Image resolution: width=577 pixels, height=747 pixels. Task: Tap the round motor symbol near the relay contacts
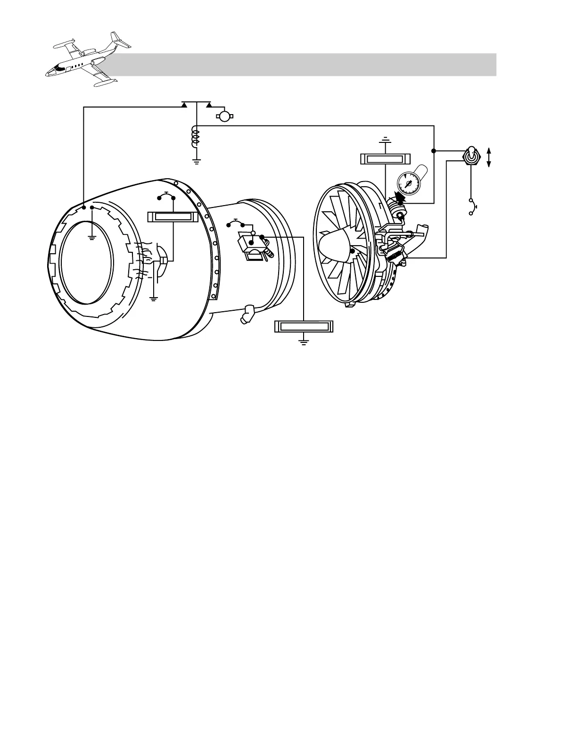point(225,116)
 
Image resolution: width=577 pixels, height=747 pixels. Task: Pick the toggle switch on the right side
point(470,156)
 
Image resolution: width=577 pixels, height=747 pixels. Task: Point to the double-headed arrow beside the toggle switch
point(489,157)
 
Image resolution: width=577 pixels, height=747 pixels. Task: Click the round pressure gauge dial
point(407,183)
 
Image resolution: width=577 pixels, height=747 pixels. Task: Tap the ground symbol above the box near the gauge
point(386,140)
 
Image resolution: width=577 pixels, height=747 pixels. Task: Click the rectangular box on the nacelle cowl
point(171,217)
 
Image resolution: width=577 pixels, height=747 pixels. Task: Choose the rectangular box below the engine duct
point(304,326)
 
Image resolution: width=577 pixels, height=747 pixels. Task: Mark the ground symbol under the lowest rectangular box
point(304,342)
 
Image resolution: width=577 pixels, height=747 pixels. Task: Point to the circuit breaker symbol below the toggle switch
point(472,207)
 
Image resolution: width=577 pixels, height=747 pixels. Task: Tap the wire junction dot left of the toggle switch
point(433,151)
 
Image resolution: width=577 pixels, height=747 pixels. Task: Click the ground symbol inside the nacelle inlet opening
point(92,237)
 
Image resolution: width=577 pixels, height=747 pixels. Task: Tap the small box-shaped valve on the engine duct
point(250,247)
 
